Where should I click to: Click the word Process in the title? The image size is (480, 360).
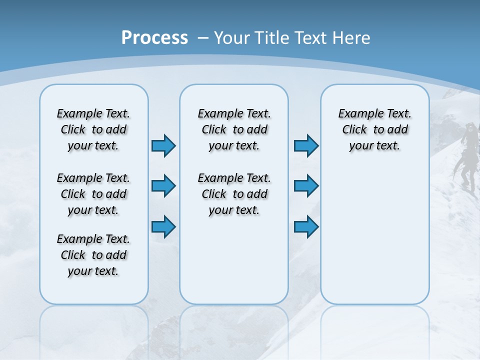154,38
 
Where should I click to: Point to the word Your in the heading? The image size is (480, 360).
233,38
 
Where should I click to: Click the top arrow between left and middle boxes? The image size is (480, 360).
163,145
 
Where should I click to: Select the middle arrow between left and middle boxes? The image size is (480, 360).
163,186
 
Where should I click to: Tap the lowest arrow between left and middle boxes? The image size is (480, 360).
163,226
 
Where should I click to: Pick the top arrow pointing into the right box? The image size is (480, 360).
306,145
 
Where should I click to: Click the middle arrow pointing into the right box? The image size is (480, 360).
306,186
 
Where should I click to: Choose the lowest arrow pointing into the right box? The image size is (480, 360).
306,226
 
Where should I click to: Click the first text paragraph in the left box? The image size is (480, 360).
93,129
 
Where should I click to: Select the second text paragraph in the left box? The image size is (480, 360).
93,194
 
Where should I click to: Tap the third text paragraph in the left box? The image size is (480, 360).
93,255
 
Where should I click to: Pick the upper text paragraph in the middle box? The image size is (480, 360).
234,129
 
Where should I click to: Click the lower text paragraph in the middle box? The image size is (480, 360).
234,194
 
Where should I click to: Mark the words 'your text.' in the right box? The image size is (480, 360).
374,146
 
